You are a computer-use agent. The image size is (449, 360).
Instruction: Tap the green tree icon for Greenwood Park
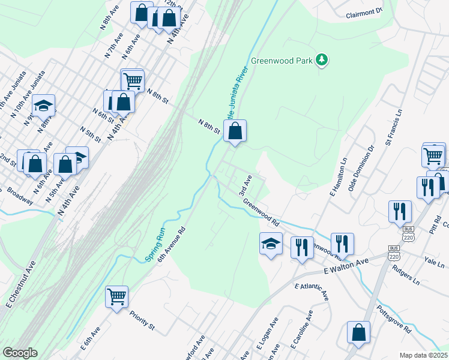pyautogui.click(x=323, y=59)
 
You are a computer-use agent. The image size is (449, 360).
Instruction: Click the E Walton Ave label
pyautogui.click(x=346, y=267)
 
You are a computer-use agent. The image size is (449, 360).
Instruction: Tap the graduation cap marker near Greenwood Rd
pyautogui.click(x=270, y=244)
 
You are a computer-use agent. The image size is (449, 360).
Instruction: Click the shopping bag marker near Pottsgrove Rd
pyautogui.click(x=358, y=333)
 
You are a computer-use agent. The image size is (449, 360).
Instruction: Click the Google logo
pyautogui.click(x=20, y=353)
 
